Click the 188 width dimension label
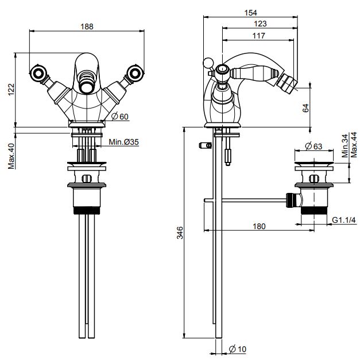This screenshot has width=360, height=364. point(87,26)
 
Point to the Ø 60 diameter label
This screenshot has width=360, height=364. point(121,117)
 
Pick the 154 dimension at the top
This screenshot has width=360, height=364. point(250,13)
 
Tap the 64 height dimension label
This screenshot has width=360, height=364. point(305,107)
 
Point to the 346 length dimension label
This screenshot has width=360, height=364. point(180,233)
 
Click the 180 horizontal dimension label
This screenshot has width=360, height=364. point(260,226)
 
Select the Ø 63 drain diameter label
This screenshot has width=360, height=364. point(312,145)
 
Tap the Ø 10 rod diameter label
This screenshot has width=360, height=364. point(238,349)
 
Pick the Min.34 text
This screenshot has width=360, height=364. point(343,148)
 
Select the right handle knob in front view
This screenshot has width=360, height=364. point(136,73)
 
